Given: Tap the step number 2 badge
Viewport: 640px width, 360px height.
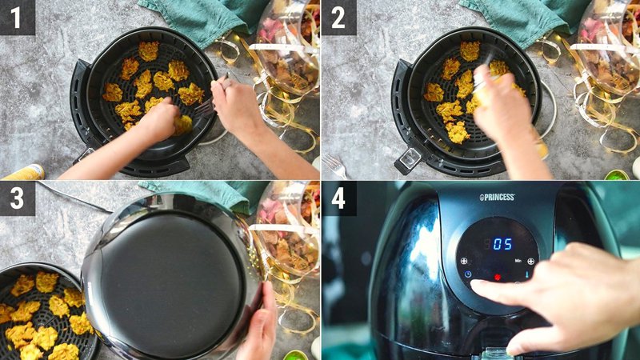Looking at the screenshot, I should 338,17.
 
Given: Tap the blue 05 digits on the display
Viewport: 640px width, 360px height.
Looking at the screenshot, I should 502,244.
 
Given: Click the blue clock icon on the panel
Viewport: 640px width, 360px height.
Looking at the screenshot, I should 467,274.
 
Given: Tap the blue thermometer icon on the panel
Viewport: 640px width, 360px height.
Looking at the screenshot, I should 527,274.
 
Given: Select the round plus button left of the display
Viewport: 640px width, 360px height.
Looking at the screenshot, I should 462,261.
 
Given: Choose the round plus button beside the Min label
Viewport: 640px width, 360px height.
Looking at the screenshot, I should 530,261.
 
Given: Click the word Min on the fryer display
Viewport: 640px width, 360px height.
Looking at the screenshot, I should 518,261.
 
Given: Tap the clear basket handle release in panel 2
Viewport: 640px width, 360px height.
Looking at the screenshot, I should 409,158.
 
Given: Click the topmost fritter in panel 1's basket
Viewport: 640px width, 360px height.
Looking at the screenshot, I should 148,50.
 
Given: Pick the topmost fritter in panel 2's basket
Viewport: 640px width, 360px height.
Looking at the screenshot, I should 470,50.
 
